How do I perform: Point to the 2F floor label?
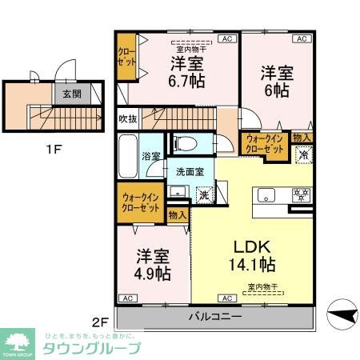[x=99, y=322]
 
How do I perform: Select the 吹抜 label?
[x=127, y=119]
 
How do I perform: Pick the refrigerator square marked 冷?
[x=304, y=155]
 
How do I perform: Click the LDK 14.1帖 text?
[x=254, y=255]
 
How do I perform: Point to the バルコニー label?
[x=214, y=317]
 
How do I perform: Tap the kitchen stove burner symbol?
[x=302, y=194]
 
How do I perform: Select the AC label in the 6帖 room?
[x=302, y=38]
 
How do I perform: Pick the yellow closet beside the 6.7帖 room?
[x=126, y=58]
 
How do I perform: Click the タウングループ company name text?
[x=91, y=348]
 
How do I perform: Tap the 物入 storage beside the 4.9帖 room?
[x=178, y=214]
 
